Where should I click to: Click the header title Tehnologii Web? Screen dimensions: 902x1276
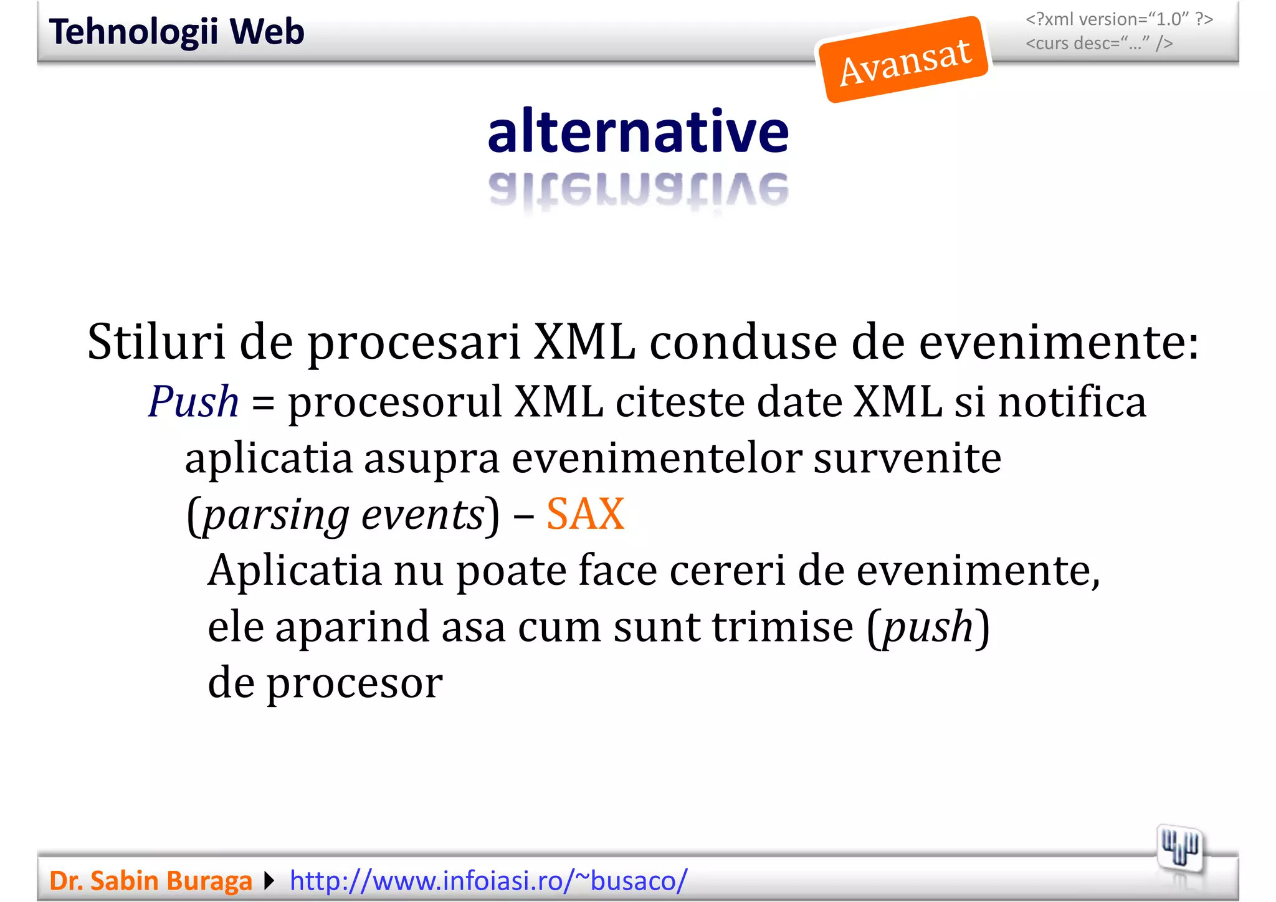coord(176,32)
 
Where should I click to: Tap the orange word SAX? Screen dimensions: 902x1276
coord(585,515)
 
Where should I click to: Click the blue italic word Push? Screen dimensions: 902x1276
coord(193,402)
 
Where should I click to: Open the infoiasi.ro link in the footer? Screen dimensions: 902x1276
coord(488,881)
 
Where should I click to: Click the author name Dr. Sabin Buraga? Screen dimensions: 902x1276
coord(150,881)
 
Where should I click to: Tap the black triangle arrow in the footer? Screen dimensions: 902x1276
coord(269,881)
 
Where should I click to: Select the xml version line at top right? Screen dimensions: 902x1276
coord(1119,19)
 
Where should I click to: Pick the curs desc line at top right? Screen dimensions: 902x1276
coord(1099,44)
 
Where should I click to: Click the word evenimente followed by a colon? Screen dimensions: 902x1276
coord(1059,343)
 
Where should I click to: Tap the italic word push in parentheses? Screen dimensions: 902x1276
coord(928,627)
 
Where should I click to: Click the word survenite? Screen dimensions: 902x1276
coord(907,458)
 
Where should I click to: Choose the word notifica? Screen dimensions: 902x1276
coord(1072,402)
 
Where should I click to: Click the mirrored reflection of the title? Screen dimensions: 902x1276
coord(638,189)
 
